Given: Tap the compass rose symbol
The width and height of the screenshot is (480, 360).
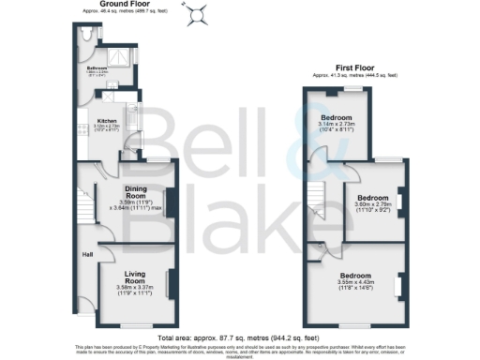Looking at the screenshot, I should (198, 13).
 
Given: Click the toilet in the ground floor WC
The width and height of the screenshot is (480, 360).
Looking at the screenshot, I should (85, 34).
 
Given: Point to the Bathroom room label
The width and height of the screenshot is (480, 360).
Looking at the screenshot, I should (98, 68).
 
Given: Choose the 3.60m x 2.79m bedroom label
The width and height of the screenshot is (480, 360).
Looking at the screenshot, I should (372, 203).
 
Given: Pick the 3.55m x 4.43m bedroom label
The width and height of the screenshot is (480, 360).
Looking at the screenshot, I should (356, 279).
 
